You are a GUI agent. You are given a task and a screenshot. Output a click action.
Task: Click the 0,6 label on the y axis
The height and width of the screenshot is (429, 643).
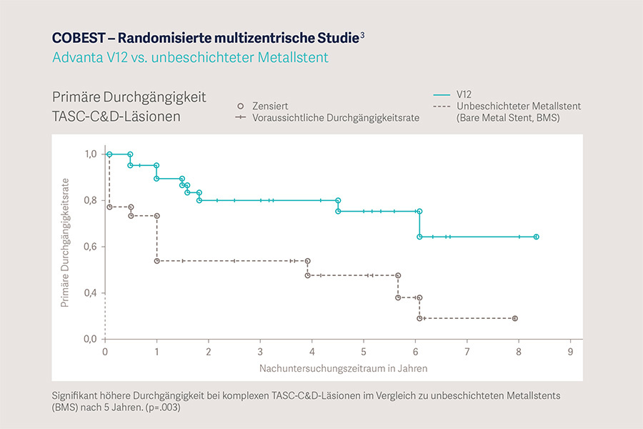(x=90, y=247)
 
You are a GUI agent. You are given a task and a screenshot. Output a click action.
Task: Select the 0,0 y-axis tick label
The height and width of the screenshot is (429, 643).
(x=90, y=339)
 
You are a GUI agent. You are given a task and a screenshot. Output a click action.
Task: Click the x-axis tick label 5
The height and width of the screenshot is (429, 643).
(x=364, y=352)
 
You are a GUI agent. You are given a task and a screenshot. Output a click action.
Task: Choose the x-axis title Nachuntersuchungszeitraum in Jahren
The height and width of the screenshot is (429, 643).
(x=343, y=368)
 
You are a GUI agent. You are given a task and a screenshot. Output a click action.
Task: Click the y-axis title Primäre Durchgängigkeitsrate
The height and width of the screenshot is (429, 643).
(x=66, y=243)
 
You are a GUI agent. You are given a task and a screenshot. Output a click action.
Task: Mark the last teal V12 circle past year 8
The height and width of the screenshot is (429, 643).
(x=536, y=237)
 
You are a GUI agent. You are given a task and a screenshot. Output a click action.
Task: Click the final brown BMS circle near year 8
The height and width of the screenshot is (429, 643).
(x=514, y=318)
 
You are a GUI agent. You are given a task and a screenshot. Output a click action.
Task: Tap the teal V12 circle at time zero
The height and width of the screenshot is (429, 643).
(x=109, y=154)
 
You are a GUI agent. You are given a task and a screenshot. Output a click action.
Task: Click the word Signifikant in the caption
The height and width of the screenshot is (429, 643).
(x=76, y=395)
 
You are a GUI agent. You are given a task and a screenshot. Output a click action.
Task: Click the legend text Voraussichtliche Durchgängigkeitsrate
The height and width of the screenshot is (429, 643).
(x=336, y=117)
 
